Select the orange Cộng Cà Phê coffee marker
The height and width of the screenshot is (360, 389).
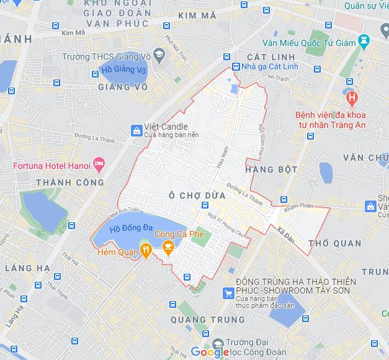pos(168,247)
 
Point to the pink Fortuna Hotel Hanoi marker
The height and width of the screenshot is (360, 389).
pos(99,164)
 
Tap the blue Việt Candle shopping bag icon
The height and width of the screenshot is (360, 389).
pos(136,130)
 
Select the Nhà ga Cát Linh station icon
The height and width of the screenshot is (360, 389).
pos(236,67)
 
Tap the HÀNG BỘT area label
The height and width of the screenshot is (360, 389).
pos(271,169)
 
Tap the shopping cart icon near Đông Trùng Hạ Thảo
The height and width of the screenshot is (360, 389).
pos(228,294)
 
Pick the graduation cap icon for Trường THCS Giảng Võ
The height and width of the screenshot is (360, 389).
pos(159,56)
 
